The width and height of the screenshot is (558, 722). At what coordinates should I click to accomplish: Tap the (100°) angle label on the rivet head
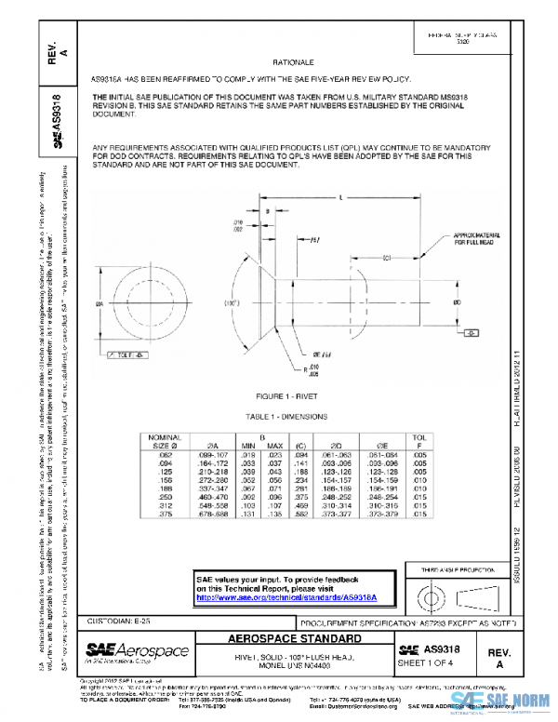coord(227,303)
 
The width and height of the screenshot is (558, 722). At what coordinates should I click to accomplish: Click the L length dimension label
coord(341,198)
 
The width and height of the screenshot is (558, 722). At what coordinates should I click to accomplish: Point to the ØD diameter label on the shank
coord(455,302)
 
